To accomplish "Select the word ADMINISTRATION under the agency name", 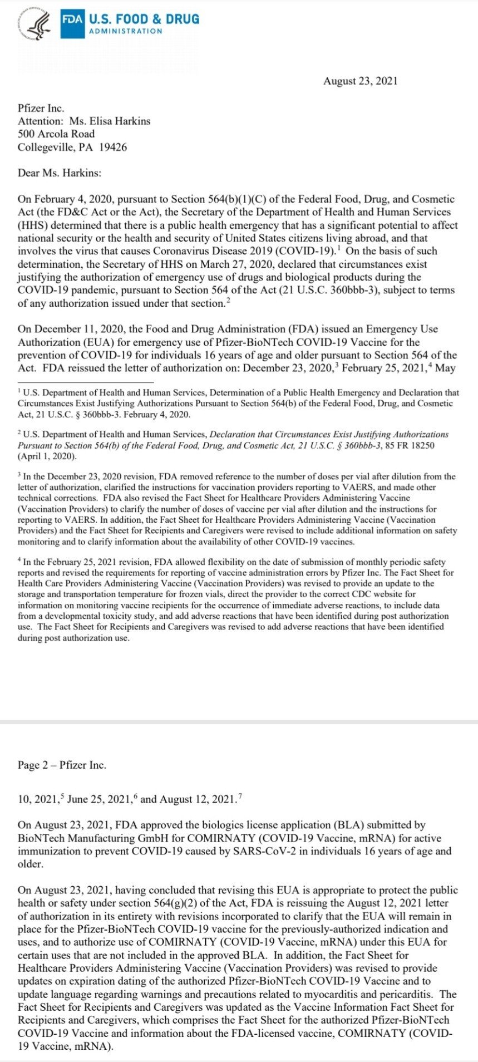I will tap(126, 31).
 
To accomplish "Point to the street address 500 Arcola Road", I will tap(56, 134).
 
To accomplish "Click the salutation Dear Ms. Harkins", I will tap(60, 173).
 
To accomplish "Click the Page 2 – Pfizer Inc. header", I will tap(62, 765).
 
